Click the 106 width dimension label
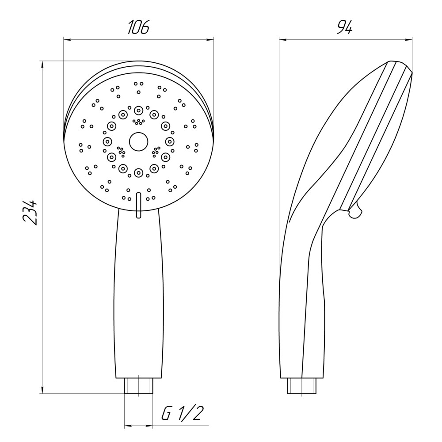click(x=138, y=27)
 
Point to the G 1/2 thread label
click(x=183, y=413)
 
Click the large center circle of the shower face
click(x=138, y=141)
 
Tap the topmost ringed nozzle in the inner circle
click(x=138, y=110)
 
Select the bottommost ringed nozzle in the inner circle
click(x=138, y=172)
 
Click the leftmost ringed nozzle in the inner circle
click(x=107, y=141)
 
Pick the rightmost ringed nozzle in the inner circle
click(x=170, y=141)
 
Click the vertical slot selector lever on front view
click(x=138, y=205)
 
